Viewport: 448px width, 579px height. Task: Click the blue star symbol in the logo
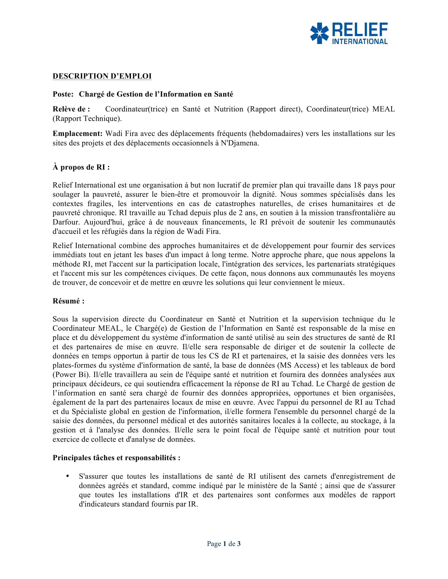coord(319,33)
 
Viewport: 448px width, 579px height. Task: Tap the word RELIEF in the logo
coord(360,30)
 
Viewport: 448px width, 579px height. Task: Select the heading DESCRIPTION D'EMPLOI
coord(102,76)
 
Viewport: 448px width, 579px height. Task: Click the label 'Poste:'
coord(63,94)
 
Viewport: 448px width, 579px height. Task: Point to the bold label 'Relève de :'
coord(71,109)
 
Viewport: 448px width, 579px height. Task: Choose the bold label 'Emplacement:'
coord(77,133)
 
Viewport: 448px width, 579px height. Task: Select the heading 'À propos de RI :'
coord(81,167)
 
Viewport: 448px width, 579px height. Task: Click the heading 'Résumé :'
coord(69,301)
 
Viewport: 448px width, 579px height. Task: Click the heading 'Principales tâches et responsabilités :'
coord(116,458)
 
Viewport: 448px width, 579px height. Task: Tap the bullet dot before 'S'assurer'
coord(68,476)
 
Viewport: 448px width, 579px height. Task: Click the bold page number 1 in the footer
coord(225,544)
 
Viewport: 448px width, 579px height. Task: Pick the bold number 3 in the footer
coord(239,544)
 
